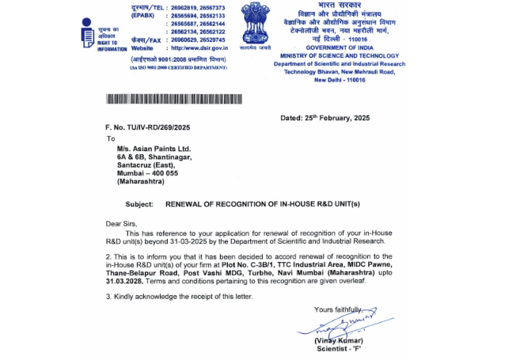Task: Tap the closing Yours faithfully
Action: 340,309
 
